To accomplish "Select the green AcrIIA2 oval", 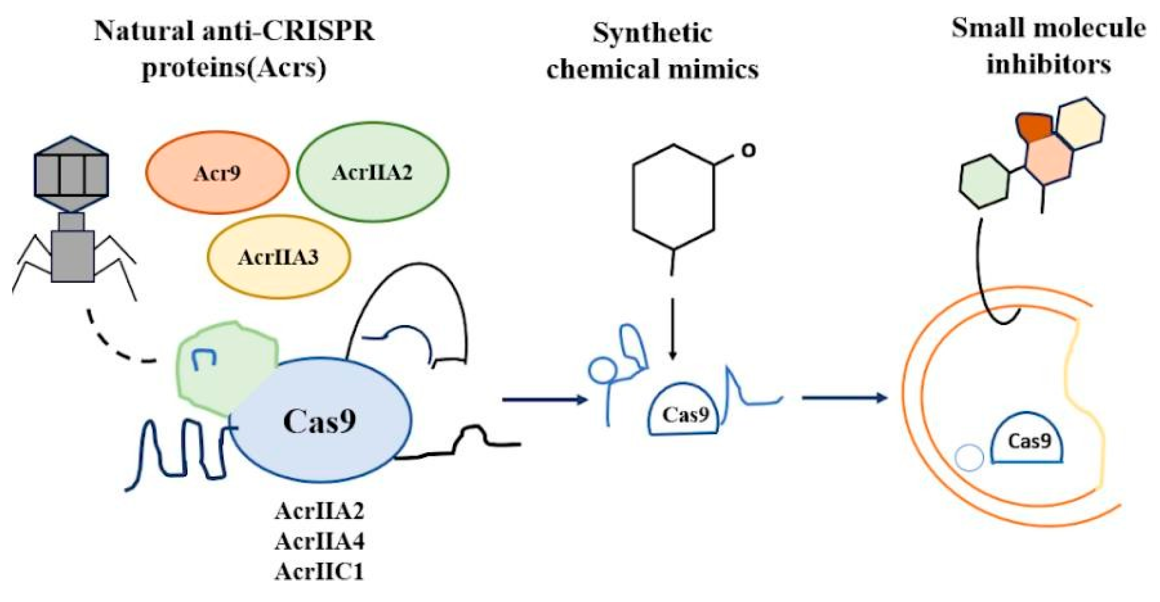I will click(372, 172).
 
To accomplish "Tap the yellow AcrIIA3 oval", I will click(278, 257).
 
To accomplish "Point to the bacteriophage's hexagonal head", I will click(71, 174).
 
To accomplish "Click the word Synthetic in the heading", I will click(652, 33).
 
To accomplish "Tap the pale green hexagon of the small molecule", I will click(984, 182).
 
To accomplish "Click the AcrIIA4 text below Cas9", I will click(319, 541).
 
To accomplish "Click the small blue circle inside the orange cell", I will click(969, 458).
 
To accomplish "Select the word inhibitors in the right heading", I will click(1049, 64).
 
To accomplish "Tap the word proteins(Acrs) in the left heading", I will click(234, 68).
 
